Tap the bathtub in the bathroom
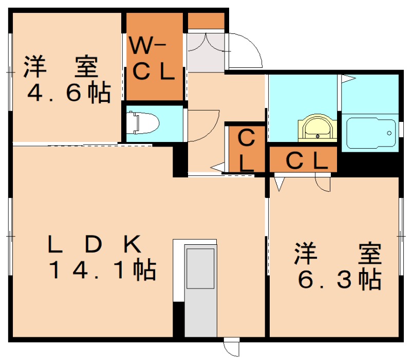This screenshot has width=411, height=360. click(x=370, y=133)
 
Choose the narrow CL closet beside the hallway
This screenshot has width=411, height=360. click(x=247, y=150)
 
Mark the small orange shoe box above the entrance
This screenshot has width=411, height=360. click(x=206, y=20)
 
